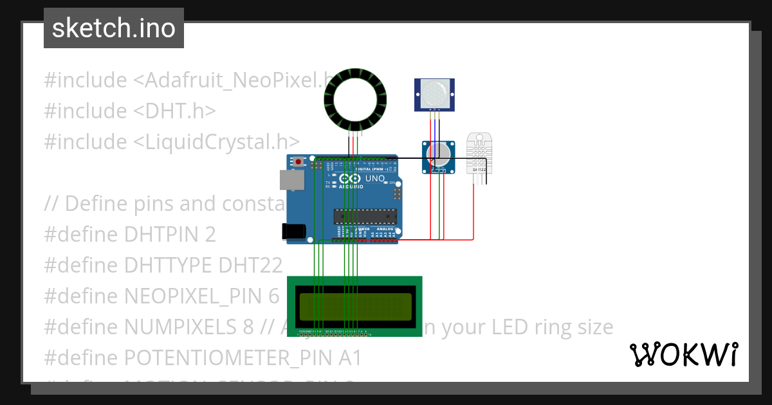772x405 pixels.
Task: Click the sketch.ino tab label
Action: click(x=113, y=28)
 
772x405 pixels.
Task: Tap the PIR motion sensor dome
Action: click(x=435, y=94)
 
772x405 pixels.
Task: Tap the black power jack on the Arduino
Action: click(x=293, y=231)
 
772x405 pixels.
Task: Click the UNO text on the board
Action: click(x=375, y=178)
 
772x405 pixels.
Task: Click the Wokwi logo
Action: click(x=683, y=354)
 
